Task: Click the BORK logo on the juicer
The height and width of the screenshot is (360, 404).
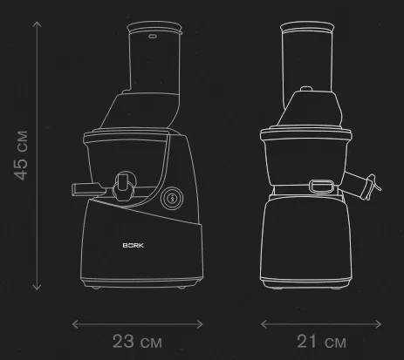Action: click(x=134, y=245)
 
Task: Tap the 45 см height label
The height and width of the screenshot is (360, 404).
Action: click(x=21, y=155)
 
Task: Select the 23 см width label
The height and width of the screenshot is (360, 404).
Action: click(x=137, y=342)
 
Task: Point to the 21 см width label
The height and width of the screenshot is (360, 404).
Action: click(x=321, y=342)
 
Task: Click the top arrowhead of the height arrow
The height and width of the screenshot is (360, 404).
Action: click(x=37, y=24)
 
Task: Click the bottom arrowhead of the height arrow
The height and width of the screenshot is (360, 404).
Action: click(x=37, y=288)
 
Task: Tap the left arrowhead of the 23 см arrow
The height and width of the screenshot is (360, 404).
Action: click(x=74, y=324)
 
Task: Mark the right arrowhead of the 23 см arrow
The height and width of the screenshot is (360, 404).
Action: click(x=200, y=324)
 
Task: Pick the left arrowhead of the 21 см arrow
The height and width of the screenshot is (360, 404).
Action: click(x=264, y=324)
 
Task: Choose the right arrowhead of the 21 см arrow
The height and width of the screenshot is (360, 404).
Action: click(x=379, y=324)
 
